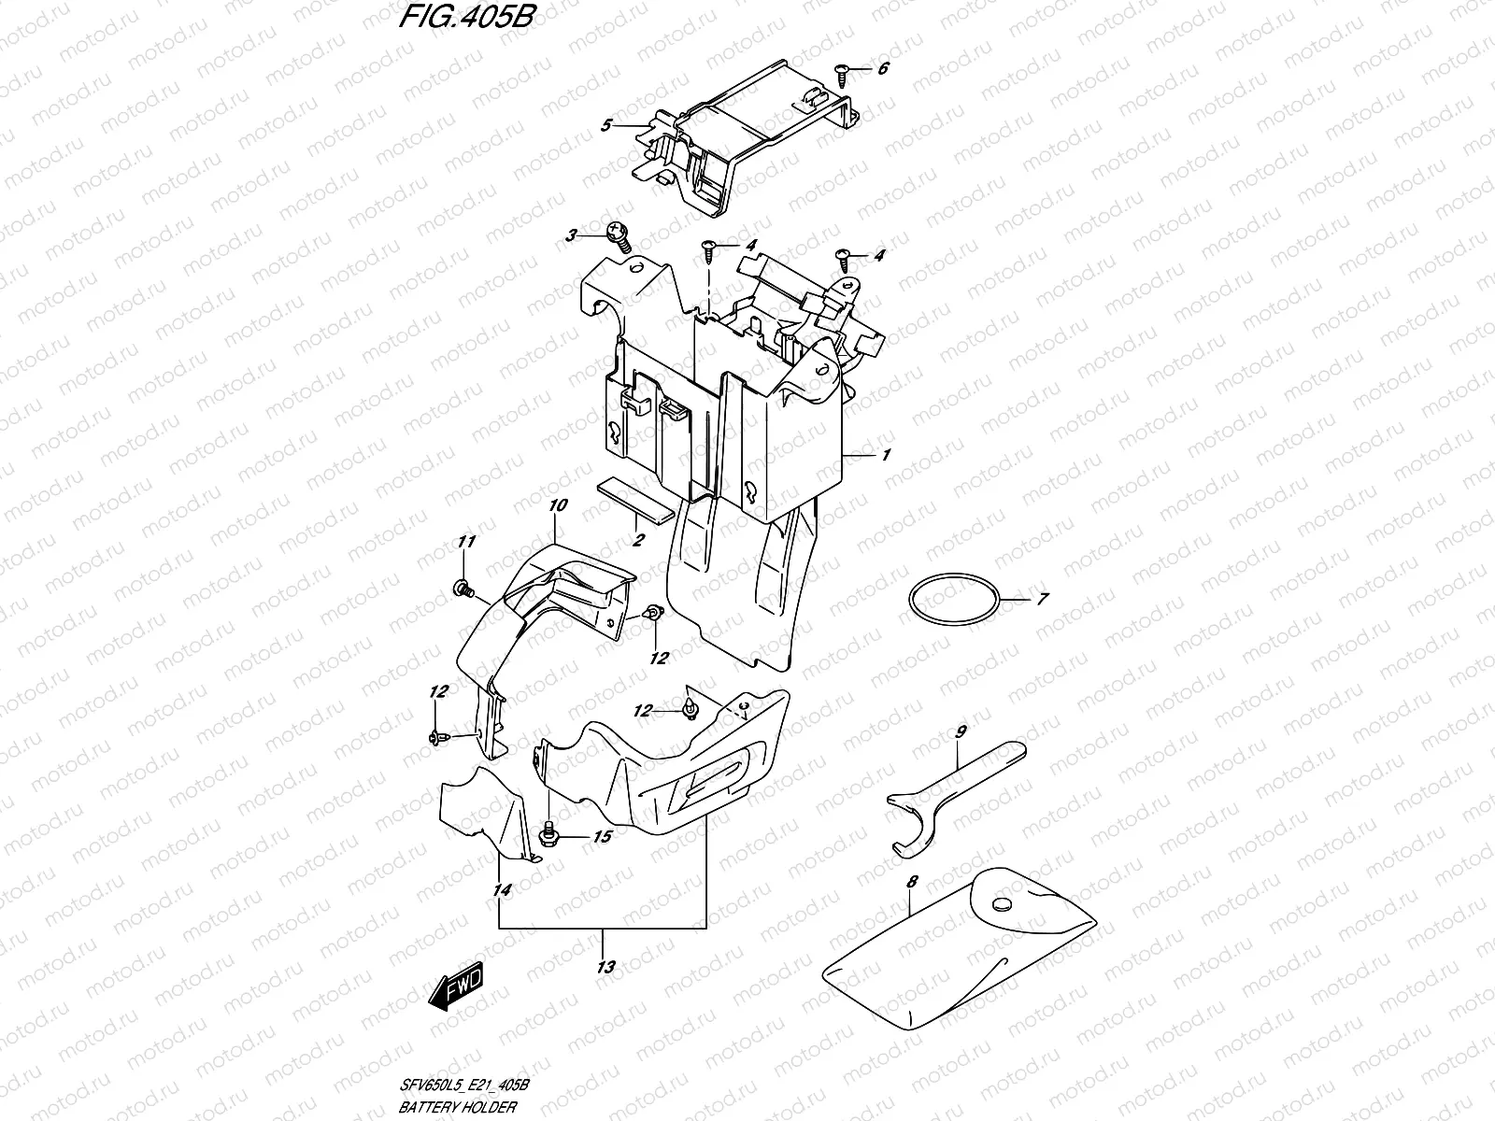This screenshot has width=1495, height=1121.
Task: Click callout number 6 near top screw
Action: click(883, 69)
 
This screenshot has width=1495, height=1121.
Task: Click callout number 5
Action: click(606, 124)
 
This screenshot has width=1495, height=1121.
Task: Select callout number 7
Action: click(1043, 599)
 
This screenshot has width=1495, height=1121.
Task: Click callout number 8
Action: click(912, 881)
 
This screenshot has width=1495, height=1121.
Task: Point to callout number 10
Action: click(558, 505)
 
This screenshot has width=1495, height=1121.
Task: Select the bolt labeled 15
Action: click(549, 831)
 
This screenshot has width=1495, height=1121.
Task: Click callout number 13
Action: click(605, 967)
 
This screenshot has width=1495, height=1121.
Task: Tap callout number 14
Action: click(502, 891)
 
